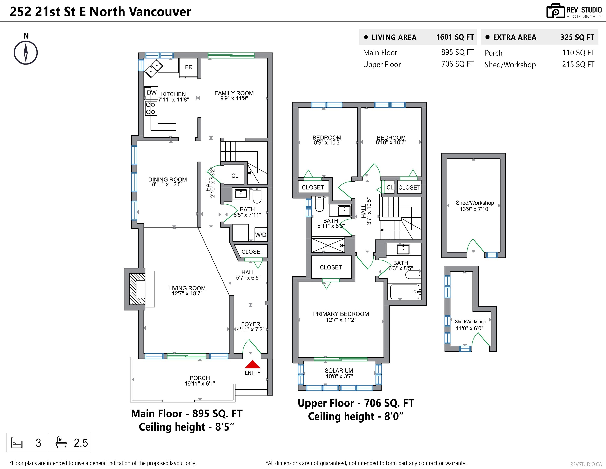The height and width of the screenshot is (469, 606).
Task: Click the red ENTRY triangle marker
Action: pyautogui.click(x=252, y=364)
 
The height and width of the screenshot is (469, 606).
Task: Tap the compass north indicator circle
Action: pyautogui.click(x=26, y=53)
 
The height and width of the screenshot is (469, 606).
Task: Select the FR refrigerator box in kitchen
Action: pyautogui.click(x=189, y=67)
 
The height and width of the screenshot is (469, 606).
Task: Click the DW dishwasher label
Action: pyautogui.click(x=151, y=93)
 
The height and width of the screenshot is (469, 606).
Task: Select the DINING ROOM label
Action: pyautogui.click(x=167, y=180)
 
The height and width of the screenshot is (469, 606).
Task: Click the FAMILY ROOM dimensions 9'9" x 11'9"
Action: pyautogui.click(x=234, y=98)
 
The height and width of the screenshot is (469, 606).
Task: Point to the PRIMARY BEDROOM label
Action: pyautogui.click(x=341, y=314)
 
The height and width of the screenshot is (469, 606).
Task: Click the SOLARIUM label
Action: pyautogui.click(x=339, y=370)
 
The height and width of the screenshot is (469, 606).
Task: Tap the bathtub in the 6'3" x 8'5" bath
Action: pyautogui.click(x=405, y=292)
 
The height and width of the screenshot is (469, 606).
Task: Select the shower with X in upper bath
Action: pyautogui.click(x=328, y=245)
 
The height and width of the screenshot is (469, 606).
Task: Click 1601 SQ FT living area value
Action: pyautogui.click(x=455, y=37)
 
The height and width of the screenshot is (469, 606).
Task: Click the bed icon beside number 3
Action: pyautogui.click(x=17, y=443)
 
